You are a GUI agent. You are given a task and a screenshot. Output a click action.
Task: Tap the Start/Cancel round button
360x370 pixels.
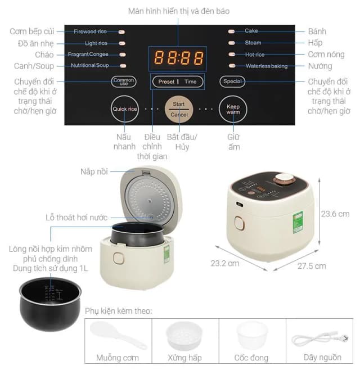179,109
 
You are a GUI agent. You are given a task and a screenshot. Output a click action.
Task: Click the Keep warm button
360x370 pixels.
233,109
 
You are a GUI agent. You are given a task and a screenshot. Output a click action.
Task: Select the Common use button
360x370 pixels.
123,82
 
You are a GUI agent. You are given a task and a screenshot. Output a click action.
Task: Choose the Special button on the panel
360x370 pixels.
232,82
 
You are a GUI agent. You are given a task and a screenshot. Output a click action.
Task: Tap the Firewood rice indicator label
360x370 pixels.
90,31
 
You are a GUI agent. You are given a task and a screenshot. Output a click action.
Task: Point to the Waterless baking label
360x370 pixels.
266,66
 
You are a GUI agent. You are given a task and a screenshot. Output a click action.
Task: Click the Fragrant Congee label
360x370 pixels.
88,55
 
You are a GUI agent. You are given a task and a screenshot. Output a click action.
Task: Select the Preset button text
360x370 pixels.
166,82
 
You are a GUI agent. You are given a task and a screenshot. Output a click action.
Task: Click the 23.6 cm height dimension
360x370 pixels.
335,214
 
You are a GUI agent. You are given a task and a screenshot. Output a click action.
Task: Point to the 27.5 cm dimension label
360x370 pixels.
313,265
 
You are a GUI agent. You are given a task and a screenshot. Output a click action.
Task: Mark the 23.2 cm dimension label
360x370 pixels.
225,263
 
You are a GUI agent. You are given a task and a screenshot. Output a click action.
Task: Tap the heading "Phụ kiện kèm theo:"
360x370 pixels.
119,311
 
